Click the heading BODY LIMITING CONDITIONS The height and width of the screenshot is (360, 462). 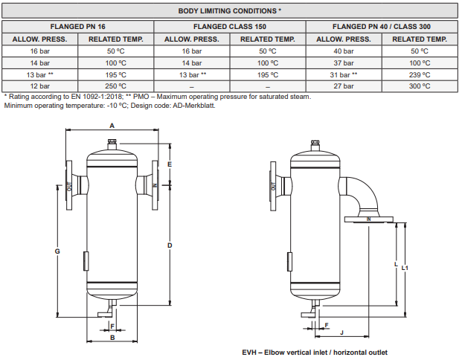point(230,11)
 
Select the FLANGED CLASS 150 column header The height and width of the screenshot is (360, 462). point(230,25)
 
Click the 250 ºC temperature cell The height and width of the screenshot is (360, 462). point(115,86)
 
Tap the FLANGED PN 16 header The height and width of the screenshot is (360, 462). point(77,25)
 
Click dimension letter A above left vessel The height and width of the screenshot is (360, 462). point(112,126)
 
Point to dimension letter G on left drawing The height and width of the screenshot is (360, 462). point(57,251)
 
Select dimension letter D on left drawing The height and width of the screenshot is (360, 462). point(170,245)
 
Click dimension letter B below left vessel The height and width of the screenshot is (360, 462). point(112,337)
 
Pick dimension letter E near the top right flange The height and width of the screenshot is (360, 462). point(170,164)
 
